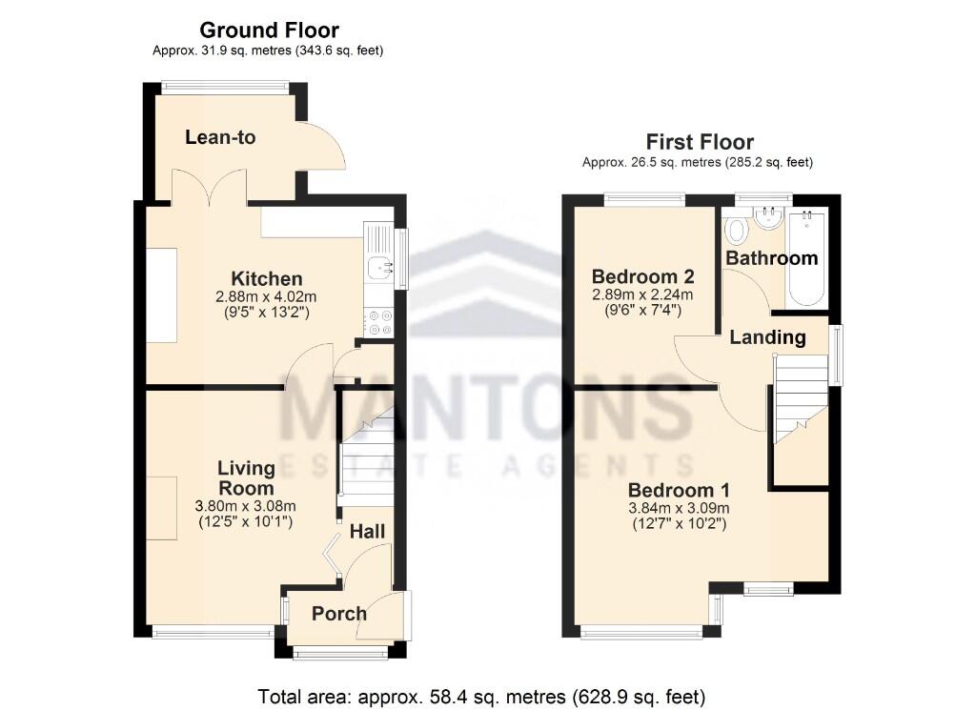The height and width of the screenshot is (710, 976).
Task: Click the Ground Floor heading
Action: [x=269, y=30]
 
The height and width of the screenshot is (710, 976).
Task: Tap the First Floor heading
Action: [x=700, y=142]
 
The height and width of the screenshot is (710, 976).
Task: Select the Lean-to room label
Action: [x=220, y=137]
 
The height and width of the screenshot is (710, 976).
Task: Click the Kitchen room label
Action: [x=267, y=278]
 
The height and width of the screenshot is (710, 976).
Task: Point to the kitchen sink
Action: [x=379, y=268]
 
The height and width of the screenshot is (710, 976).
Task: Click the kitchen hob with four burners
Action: [x=379, y=322]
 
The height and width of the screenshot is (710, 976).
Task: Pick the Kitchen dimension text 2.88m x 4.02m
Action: [x=266, y=296]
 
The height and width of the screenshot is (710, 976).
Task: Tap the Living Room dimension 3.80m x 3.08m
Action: [x=245, y=506]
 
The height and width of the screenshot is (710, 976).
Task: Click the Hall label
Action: [x=367, y=532]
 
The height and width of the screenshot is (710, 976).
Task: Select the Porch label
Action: [x=339, y=614]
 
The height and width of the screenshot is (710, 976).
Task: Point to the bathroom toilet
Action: [x=737, y=230]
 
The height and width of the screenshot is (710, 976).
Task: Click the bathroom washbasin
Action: [x=767, y=217]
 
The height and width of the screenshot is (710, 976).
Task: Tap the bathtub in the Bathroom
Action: [x=806, y=258]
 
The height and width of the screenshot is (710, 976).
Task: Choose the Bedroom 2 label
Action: [x=642, y=276]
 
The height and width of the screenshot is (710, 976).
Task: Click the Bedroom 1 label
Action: [x=679, y=491]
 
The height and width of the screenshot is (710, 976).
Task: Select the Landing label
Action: [x=767, y=337]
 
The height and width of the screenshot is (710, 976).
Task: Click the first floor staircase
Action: [x=801, y=398]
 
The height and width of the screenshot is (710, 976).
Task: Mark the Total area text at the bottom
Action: [x=481, y=697]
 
